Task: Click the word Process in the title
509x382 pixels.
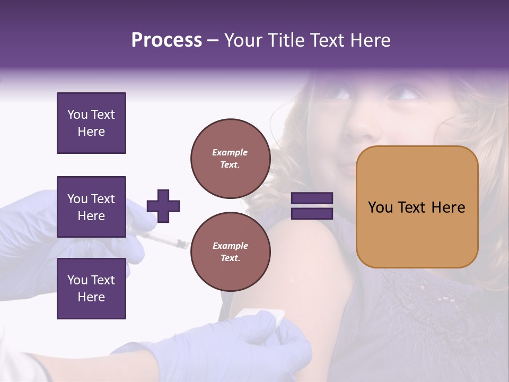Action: tap(166, 40)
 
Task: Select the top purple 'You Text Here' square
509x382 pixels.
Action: tap(91, 123)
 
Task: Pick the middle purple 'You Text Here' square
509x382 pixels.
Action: tap(91, 207)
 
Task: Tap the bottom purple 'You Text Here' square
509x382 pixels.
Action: tap(91, 289)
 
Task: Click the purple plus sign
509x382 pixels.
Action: tap(163, 206)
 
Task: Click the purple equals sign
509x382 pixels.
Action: tap(312, 206)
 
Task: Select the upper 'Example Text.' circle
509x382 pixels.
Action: tap(230, 159)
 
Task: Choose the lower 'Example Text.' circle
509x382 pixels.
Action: tap(230, 251)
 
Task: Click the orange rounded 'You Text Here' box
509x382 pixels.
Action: tap(417, 207)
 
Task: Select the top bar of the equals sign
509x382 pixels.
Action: tap(312, 198)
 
